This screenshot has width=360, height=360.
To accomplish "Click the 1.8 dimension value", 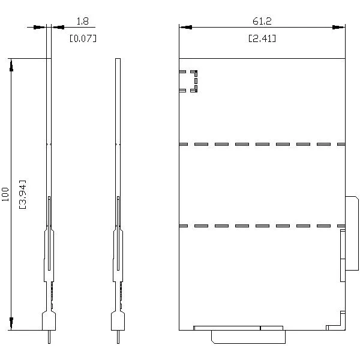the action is (82, 21).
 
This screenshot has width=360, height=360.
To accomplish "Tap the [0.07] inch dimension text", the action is (83, 38).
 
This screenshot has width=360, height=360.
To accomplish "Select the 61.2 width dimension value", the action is (262, 21).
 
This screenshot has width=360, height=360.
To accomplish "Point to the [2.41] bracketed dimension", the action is (262, 38).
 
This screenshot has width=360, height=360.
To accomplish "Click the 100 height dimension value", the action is (5, 194).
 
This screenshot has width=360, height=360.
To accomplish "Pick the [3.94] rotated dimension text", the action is (23, 194).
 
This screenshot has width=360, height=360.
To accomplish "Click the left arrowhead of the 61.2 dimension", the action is (185, 28).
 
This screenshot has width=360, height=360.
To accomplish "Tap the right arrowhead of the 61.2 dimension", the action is (338, 28).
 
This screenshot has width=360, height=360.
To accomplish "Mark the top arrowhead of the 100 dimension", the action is (11, 65).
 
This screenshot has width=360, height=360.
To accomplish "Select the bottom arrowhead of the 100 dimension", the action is (11, 324).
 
